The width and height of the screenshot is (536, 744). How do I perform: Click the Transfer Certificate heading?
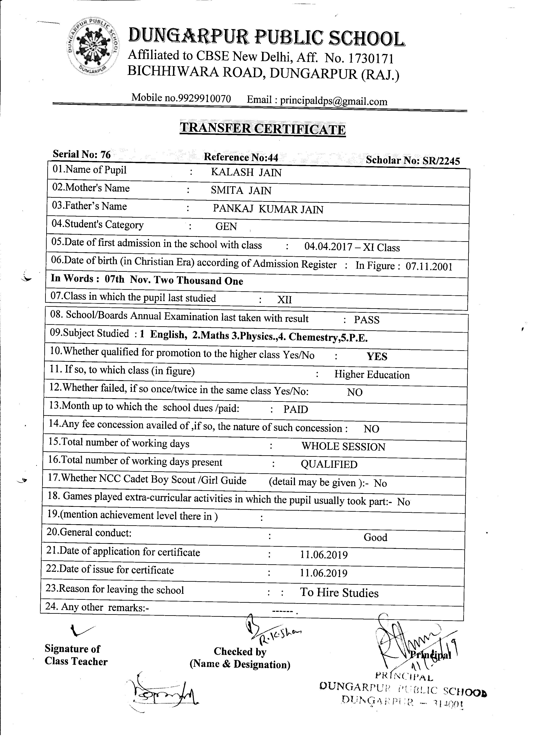pos(262,128)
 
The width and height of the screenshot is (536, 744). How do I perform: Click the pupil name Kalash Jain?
pos(246,172)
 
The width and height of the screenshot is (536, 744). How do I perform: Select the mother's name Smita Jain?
pos(241,190)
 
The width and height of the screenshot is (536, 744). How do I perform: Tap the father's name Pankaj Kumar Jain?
pos(268,209)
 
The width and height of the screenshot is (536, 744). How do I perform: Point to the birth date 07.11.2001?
pos(429,266)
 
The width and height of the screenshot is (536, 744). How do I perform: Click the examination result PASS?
pos(367,320)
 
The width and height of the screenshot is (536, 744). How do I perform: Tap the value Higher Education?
pos(372,375)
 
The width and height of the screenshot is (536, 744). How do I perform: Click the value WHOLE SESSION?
pos(343,447)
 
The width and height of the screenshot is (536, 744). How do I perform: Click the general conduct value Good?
pos(375,537)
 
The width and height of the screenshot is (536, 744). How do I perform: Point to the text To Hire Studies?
pos(339,593)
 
